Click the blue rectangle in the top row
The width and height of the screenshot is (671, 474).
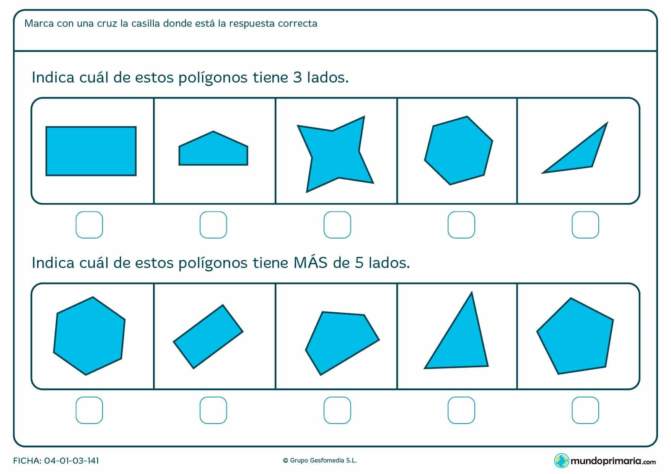[91, 151]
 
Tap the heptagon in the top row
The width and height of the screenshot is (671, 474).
[458, 151]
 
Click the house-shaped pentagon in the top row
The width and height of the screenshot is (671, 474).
[213, 151]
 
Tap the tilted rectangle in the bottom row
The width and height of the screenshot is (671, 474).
[208, 336]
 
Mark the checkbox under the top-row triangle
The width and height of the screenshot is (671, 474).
[585, 225]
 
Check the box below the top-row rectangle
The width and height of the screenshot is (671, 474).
[89, 225]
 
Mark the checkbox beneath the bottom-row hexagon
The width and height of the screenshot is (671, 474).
[89, 410]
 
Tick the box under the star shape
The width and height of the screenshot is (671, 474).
[337, 225]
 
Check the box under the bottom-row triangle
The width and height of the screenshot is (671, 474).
[461, 410]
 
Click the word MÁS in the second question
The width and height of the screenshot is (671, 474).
[311, 263]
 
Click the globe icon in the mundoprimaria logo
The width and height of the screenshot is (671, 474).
[561, 461]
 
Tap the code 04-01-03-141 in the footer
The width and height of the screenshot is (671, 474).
[72, 461]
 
